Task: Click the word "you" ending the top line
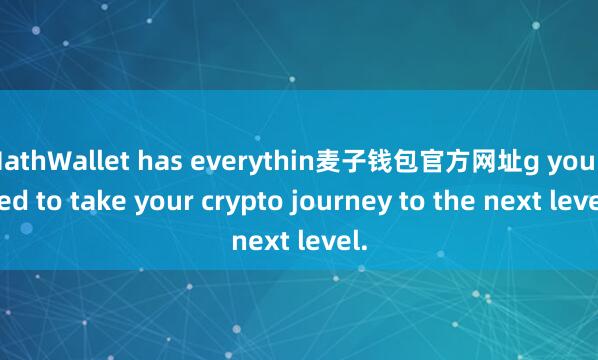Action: pos(565,158)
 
